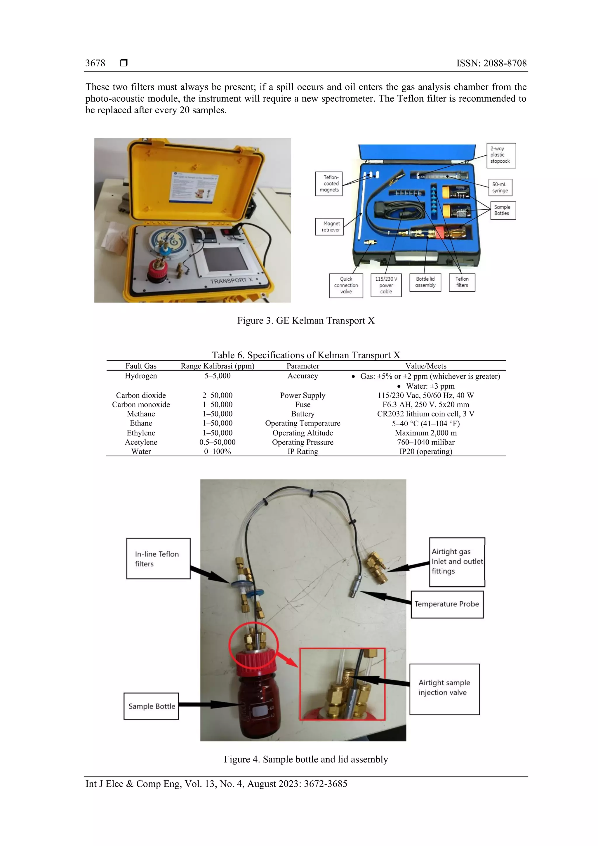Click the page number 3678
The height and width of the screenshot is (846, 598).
[95, 63]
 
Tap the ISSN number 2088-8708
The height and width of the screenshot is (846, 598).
[505, 63]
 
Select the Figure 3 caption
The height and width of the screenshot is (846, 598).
[305, 321]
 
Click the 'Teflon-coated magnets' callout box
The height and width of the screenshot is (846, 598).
[329, 183]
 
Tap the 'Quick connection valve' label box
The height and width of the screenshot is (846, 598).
[346, 285]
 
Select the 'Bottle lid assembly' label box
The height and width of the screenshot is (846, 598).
[425, 282]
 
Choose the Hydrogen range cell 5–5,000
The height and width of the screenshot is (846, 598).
[217, 376]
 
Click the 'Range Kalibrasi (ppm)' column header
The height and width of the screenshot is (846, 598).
[217, 366]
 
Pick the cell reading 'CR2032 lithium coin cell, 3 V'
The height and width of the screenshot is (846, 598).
[425, 414]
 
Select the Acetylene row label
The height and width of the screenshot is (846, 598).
[141, 442]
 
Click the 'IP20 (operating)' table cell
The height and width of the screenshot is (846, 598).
[425, 452]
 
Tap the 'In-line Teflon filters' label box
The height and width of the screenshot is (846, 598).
[158, 559]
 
